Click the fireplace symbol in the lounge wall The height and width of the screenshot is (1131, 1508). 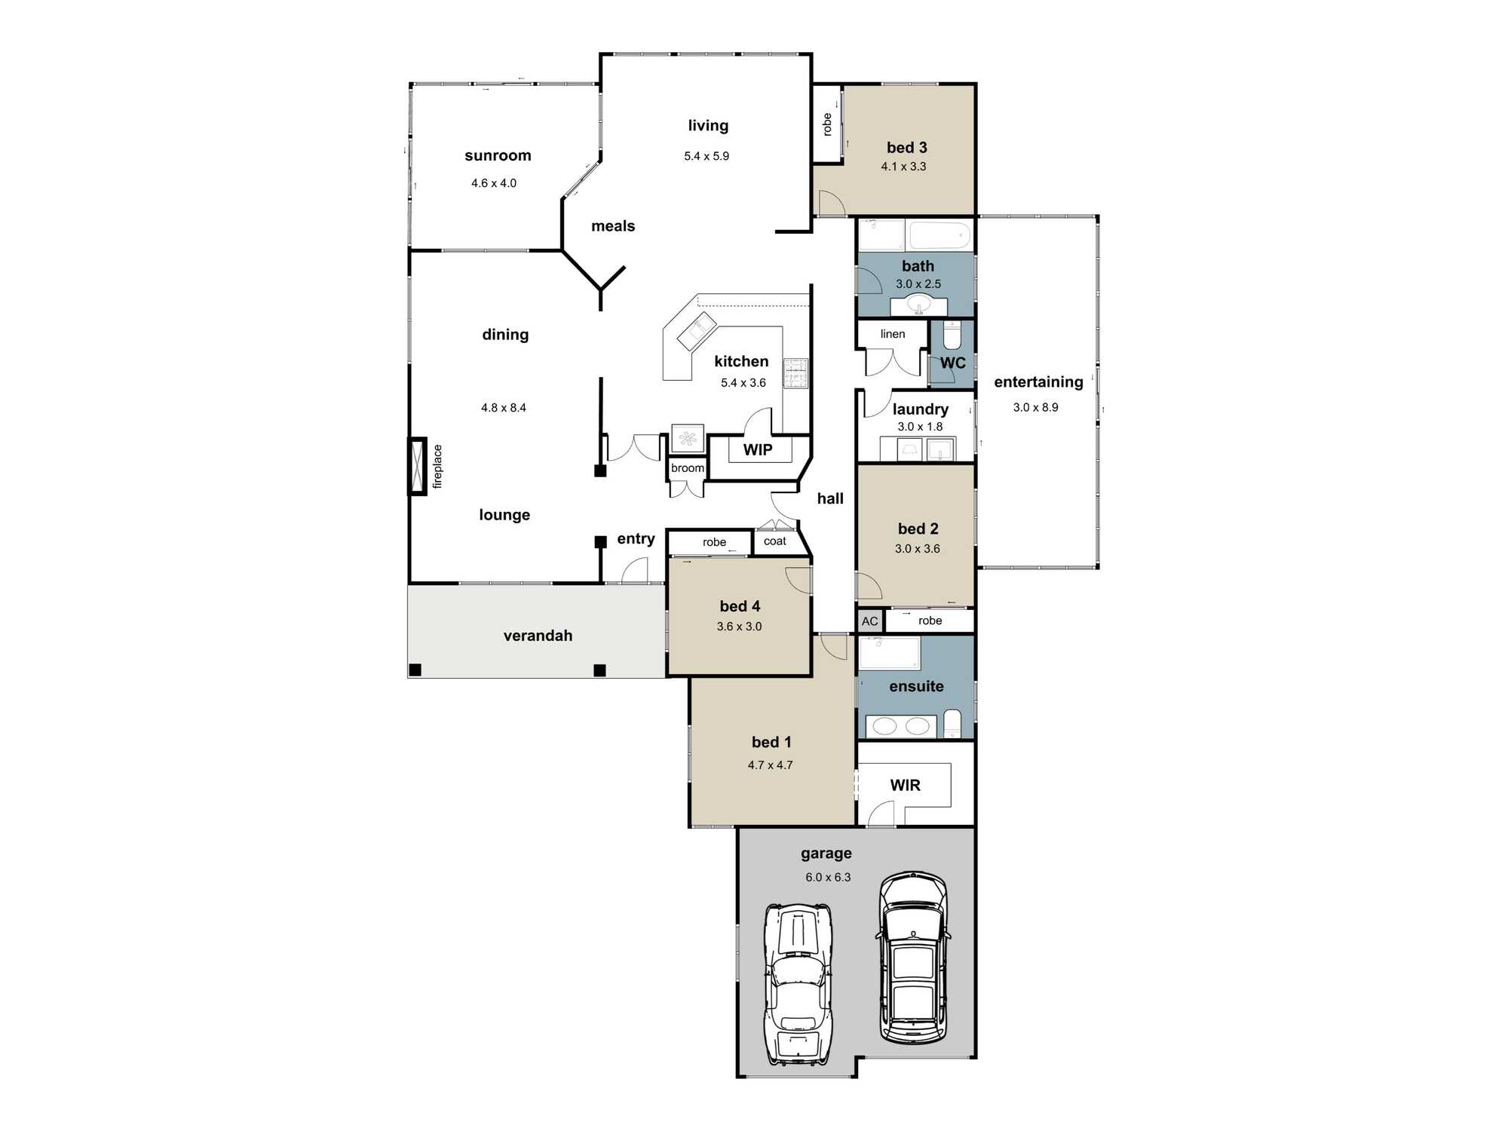pos(418,466)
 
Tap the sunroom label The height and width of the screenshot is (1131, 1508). pos(498,155)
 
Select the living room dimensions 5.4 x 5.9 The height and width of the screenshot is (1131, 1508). pos(706,156)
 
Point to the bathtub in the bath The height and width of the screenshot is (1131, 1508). pos(940,235)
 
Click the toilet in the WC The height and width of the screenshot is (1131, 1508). pos(952,334)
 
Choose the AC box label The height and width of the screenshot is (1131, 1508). pos(870,621)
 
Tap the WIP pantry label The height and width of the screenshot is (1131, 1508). pos(758,450)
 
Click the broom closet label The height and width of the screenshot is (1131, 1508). pos(688,468)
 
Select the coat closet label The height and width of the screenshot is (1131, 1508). pos(775,541)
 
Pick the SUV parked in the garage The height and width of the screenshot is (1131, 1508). pos(913,958)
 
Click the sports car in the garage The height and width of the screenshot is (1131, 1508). pos(798,984)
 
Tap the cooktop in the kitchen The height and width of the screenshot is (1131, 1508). pos(795,373)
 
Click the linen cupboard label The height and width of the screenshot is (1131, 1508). pos(893,334)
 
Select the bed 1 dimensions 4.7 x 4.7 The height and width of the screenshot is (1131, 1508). pos(771,765)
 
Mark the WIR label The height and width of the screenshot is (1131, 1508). pos(906,785)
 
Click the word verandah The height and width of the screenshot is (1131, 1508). pos(538,636)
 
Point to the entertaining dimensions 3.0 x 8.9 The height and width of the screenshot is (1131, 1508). pos(1036,407)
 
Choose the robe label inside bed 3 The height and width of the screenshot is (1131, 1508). pos(827,124)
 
